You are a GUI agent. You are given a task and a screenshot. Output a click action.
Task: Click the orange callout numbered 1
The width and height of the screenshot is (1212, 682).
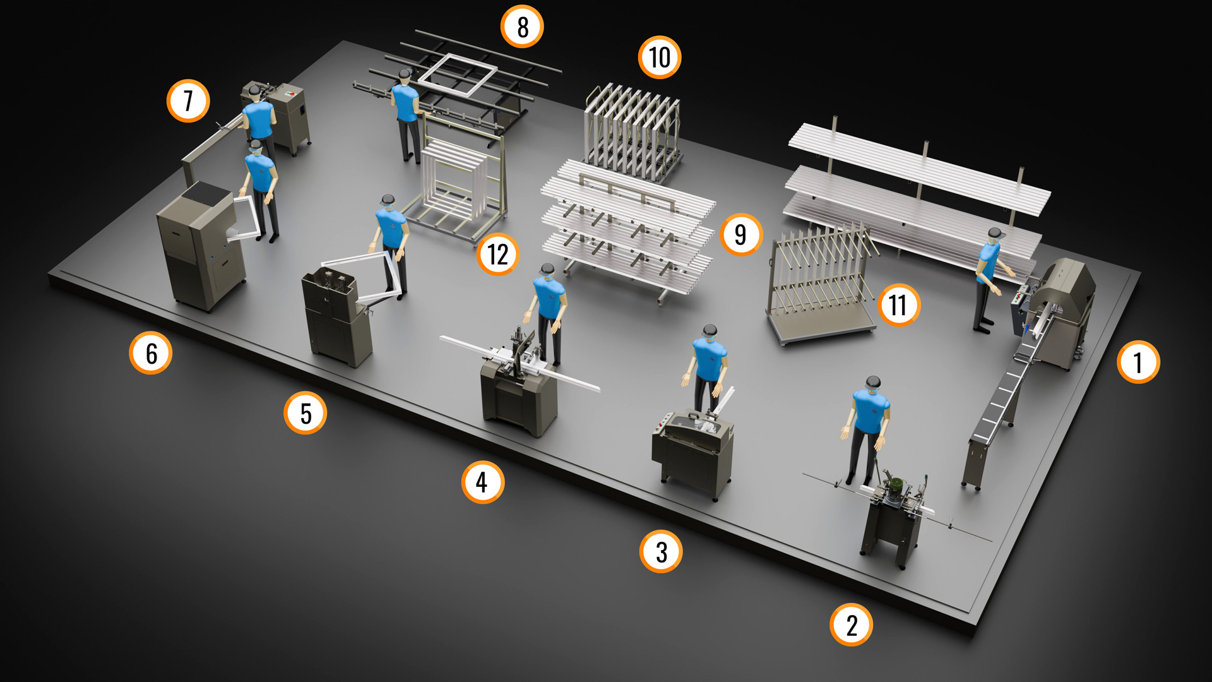1138,362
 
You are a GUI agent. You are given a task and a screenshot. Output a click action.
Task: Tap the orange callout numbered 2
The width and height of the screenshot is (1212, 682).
852,625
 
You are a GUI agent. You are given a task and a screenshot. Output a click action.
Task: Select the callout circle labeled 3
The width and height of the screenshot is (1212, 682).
661,551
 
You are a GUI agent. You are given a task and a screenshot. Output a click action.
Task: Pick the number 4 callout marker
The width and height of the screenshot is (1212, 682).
482,482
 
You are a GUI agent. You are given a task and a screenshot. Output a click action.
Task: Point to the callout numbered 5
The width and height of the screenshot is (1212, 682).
306,413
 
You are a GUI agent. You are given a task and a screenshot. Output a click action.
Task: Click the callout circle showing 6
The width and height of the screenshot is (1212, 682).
151,353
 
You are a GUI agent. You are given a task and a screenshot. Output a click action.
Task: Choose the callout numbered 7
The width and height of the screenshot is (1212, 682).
188,100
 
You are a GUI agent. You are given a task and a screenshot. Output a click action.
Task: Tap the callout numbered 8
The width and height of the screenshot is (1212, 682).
522,27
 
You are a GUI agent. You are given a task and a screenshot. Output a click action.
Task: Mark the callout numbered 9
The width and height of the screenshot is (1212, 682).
741,234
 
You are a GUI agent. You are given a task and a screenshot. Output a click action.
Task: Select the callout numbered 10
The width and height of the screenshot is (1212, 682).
660,57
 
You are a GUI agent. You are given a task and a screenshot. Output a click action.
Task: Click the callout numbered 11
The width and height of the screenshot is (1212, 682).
898,305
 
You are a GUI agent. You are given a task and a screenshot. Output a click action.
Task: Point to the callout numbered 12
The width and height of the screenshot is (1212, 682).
497,254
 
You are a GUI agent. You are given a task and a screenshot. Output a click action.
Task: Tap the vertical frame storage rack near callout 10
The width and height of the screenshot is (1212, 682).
633,133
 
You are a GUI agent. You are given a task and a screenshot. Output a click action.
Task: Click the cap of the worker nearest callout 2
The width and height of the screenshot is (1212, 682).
873,382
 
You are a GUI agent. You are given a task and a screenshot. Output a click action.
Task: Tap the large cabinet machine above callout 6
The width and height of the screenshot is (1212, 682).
201,246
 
